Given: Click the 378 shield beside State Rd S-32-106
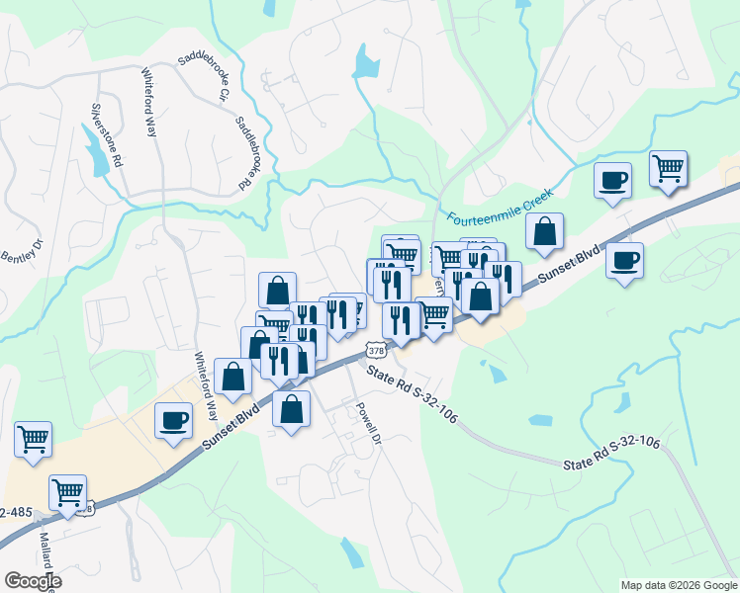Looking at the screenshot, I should point(375,350).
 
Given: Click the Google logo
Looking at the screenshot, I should point(33,580).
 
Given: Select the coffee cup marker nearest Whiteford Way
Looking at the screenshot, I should point(175,420).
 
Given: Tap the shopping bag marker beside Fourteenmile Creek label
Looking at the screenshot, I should point(544,232).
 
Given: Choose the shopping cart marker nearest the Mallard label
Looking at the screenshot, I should point(67,491).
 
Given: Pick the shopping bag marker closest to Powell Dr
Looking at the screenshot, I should point(291,408).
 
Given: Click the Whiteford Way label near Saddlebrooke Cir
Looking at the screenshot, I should point(152,101).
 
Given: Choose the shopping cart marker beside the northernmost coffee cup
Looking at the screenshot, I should point(669,168).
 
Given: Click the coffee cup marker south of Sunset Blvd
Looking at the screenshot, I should point(624,261).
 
